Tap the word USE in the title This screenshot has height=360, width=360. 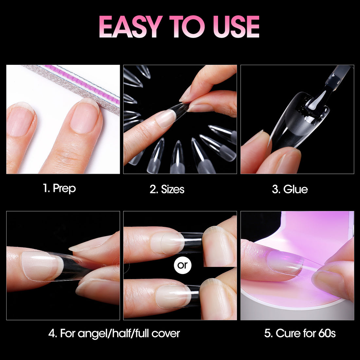click(236, 27)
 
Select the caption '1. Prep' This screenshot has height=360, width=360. click(59, 189)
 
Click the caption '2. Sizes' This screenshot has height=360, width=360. click(167, 189)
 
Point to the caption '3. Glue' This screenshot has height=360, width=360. click(290, 189)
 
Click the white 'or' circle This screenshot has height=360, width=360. click(183, 265)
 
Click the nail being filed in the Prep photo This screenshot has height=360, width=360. click(85, 116)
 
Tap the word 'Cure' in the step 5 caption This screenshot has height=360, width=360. click(287, 333)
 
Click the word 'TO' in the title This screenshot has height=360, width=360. click(187, 27)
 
